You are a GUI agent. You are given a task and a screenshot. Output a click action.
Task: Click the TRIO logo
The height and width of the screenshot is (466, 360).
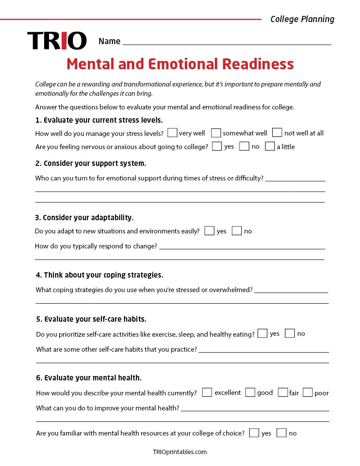(57, 41)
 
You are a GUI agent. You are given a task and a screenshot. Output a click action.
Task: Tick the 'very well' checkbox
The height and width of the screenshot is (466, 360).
(172, 133)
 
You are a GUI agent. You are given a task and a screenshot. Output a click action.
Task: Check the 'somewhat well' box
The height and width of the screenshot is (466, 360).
(216, 133)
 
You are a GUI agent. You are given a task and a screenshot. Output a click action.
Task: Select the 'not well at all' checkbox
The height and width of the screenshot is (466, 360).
(277, 133)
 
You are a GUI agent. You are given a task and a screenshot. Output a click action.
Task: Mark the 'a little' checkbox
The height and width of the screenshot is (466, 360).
(270, 146)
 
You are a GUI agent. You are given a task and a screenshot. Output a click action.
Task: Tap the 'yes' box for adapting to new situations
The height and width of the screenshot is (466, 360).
(210, 231)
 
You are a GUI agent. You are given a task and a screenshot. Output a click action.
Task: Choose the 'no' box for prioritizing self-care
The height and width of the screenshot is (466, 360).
(290, 334)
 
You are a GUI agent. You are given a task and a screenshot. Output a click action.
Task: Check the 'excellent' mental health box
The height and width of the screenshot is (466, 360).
(207, 392)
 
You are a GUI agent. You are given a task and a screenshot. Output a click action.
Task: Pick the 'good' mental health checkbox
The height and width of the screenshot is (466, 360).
(250, 392)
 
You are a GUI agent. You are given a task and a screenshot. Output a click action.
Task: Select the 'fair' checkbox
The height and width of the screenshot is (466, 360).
(283, 392)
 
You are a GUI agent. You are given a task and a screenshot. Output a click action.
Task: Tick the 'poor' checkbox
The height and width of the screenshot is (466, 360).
(307, 392)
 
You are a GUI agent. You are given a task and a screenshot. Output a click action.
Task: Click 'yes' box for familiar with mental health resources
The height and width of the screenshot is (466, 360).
(254, 433)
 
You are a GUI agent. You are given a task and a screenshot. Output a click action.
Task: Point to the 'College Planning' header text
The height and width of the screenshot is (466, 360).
(302, 19)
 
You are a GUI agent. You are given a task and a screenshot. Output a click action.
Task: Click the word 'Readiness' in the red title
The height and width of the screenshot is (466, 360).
(258, 64)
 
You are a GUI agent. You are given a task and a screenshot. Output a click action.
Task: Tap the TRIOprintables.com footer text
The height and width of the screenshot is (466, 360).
(180, 452)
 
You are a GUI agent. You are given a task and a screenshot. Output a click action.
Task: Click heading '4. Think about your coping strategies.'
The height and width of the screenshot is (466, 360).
(99, 275)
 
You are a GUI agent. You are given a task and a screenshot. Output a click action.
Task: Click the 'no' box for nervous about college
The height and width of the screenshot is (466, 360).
(244, 146)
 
